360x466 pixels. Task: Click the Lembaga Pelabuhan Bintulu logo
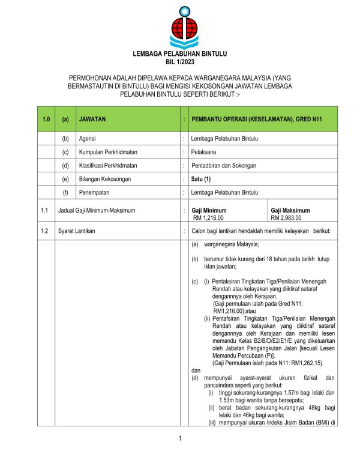coord(180,26)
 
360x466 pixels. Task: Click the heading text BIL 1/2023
coord(179,62)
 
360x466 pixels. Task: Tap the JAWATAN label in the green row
coord(92,120)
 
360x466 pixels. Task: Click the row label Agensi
coord(88,139)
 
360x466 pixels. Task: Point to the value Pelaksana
coord(204,152)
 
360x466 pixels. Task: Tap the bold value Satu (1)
coord(201,179)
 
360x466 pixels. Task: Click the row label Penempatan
coord(95,192)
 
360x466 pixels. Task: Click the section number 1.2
coord(44,231)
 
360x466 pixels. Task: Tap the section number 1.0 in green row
coord(45,120)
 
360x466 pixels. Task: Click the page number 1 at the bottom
coord(179,444)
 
